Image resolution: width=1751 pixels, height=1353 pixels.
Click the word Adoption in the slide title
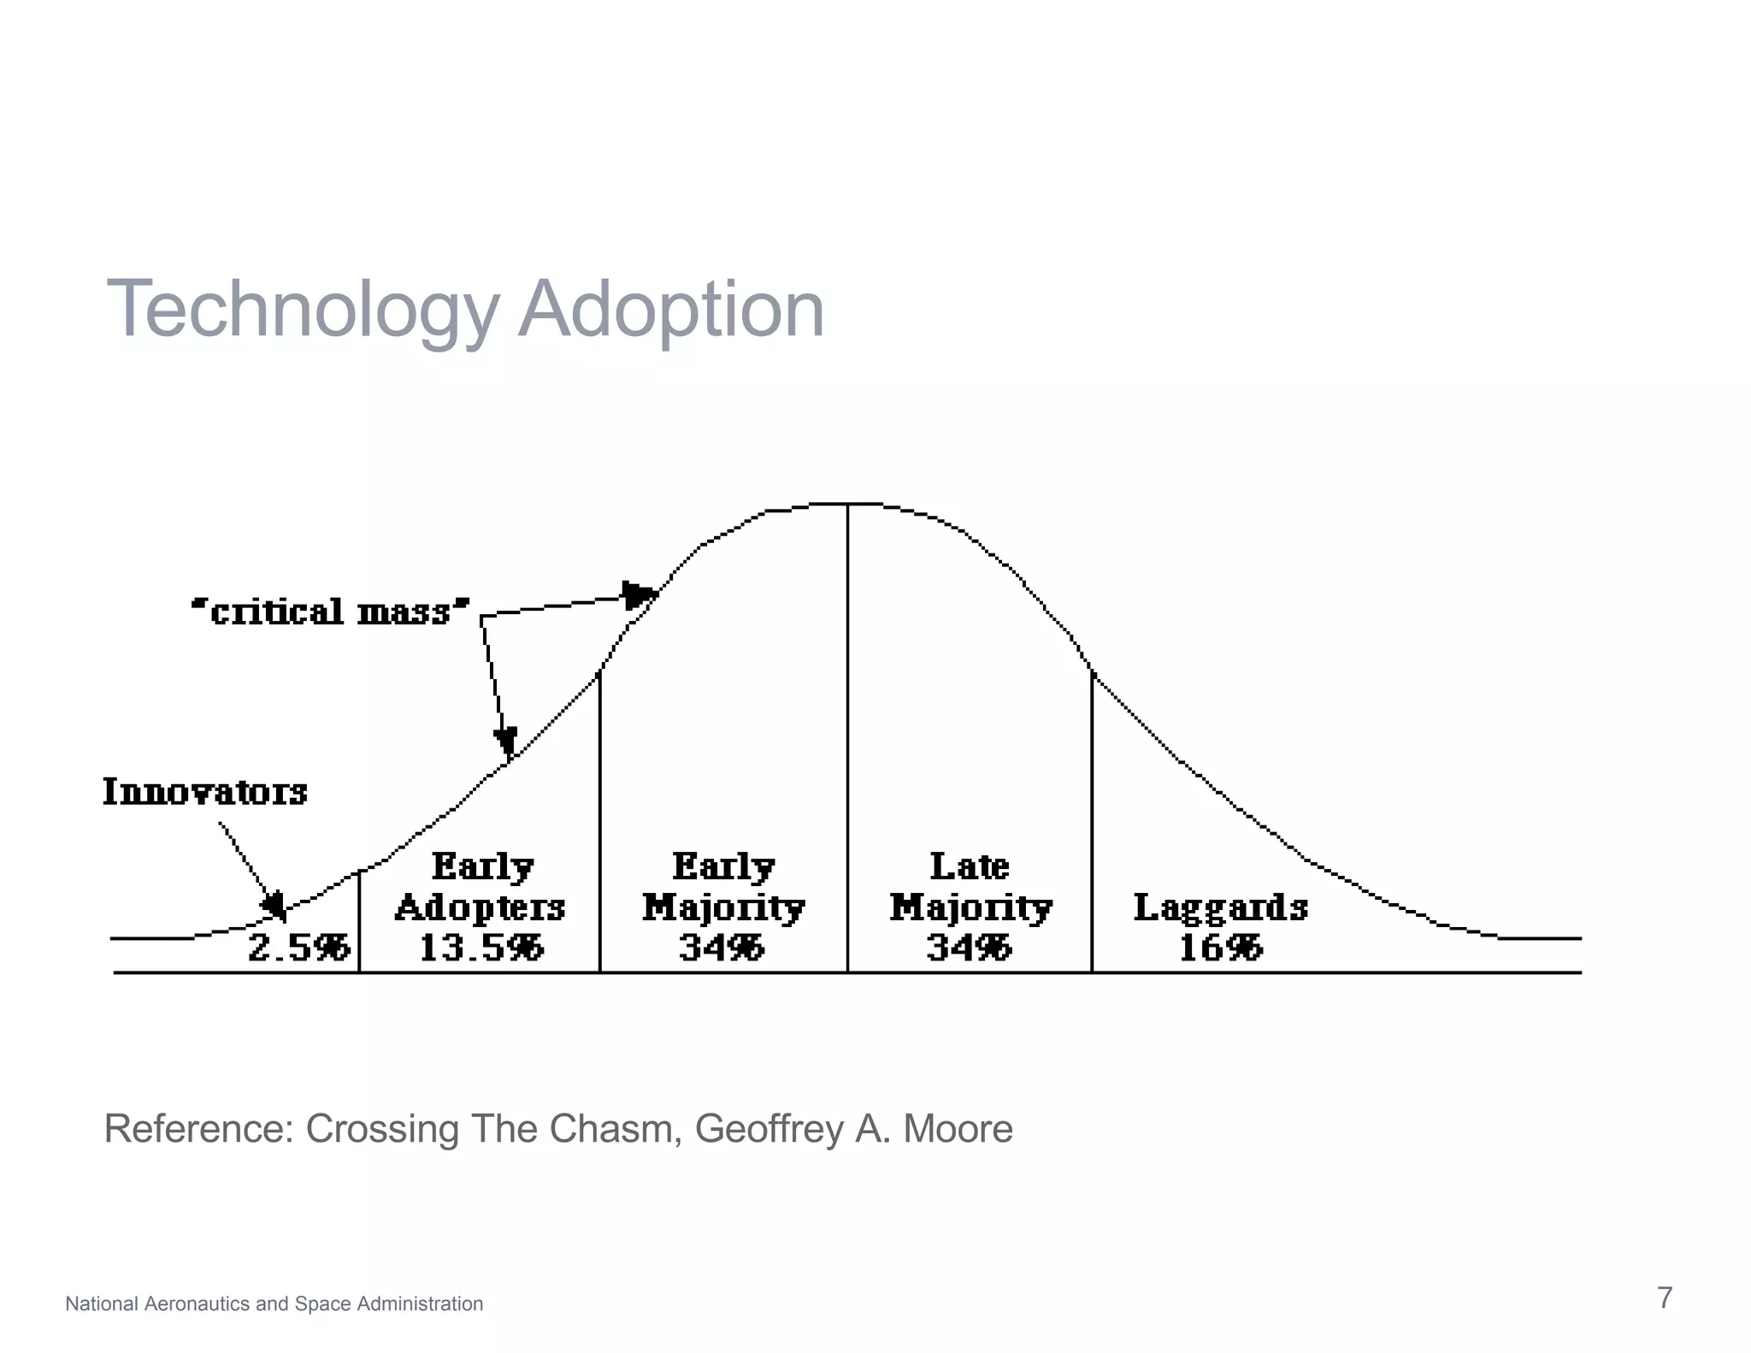click(671, 310)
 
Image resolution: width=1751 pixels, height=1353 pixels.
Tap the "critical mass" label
click(330, 612)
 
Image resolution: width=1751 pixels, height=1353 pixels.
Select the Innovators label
click(205, 792)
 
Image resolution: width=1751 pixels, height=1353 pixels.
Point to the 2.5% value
click(298, 948)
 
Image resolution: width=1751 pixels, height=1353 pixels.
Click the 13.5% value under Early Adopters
click(480, 948)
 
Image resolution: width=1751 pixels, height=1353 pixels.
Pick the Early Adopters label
click(480, 887)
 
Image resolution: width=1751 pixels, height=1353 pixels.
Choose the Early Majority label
click(723, 887)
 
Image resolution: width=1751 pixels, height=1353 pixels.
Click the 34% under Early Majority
click(722, 948)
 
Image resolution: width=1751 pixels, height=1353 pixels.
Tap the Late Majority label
click(970, 887)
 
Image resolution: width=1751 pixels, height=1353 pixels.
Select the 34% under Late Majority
click(969, 948)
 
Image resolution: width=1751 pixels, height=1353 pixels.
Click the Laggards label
click(1221, 907)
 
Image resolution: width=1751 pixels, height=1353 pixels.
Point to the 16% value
click(1220, 948)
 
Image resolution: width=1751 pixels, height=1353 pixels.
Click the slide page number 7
click(1665, 1298)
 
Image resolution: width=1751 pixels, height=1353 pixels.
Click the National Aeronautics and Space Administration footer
click(274, 1303)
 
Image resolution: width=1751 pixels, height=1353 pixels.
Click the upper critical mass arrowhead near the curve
click(638, 594)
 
